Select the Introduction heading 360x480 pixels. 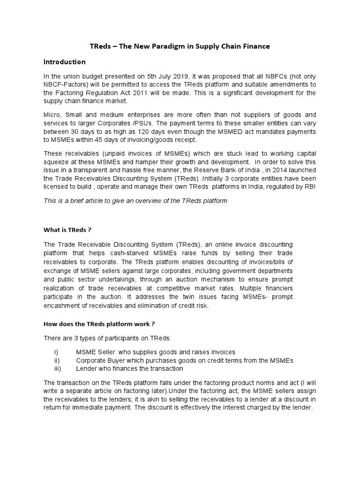(x=64, y=62)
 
